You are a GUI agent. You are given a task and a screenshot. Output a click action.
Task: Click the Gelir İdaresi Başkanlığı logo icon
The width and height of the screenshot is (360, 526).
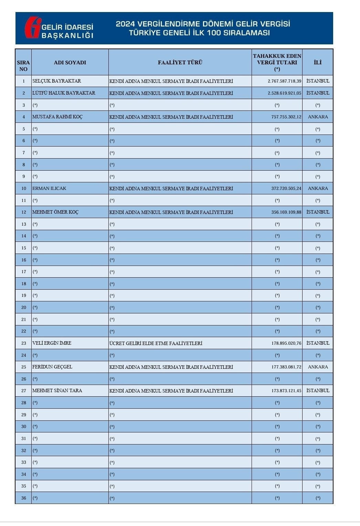tap(33, 27)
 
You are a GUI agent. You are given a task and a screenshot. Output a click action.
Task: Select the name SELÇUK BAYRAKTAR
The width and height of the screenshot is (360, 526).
tap(56, 81)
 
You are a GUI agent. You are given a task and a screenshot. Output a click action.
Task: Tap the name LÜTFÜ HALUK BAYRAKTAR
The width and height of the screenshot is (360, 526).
tap(64, 93)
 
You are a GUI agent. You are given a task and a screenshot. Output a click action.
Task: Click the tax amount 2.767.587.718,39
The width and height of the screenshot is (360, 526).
tap(284, 81)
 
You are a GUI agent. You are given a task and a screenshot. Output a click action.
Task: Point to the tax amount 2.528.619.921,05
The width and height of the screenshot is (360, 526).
tap(284, 93)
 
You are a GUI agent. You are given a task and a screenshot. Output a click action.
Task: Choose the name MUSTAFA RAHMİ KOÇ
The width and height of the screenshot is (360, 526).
tap(57, 117)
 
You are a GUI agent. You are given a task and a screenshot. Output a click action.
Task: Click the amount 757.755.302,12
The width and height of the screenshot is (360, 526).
tap(286, 117)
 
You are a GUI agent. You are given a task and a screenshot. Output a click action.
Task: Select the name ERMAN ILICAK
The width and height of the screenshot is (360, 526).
tap(49, 188)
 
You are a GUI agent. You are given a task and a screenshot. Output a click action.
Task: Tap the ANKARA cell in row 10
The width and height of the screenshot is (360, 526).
tap(318, 189)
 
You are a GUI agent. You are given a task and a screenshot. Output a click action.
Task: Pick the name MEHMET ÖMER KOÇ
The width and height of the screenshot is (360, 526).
tap(55, 212)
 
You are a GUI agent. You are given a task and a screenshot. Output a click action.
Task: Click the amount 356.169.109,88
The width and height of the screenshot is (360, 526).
tap(286, 212)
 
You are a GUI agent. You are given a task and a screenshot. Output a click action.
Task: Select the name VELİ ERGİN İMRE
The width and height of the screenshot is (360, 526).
tap(52, 343)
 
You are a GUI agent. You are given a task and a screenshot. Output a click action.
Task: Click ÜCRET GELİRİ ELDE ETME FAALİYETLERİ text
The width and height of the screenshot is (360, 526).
tap(156, 343)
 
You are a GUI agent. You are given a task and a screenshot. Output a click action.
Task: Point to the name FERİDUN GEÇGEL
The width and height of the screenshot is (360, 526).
tap(52, 367)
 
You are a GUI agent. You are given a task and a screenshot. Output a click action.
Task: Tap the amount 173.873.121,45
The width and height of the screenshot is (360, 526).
tap(286, 391)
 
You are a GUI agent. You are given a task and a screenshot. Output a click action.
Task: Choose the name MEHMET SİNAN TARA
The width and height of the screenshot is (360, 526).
tap(57, 390)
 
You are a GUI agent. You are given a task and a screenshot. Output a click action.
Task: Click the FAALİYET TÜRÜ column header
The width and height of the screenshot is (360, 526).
tap(180, 62)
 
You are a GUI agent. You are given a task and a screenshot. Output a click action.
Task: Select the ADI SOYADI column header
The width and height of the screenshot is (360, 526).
tap(70, 62)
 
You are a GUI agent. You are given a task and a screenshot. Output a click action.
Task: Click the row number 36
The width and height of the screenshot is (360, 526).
tap(23, 498)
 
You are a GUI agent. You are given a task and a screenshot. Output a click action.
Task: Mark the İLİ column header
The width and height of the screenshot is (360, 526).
tap(317, 62)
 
